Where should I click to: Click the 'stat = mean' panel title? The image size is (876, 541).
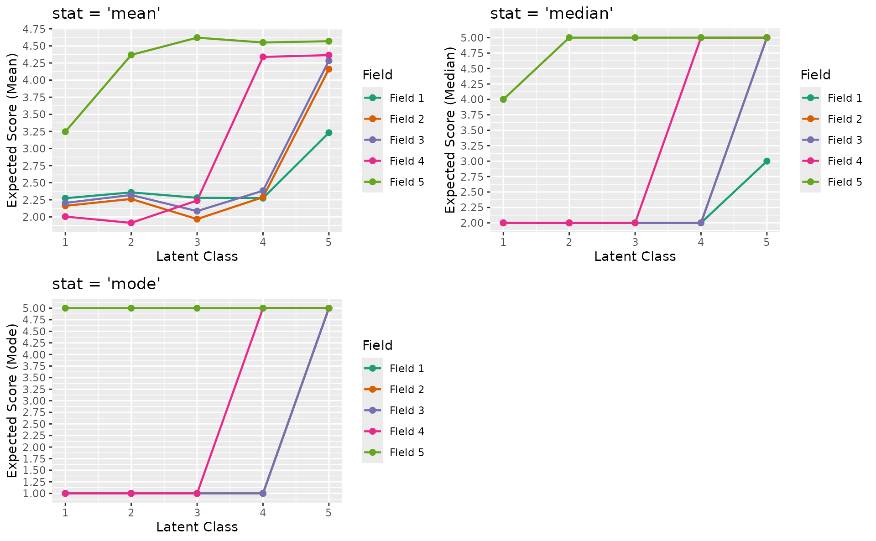[x=106, y=14]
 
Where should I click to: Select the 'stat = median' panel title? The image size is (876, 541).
[x=551, y=14]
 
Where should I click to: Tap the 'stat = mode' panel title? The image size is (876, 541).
[x=106, y=284]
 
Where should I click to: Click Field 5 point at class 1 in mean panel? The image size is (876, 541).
[x=65, y=132]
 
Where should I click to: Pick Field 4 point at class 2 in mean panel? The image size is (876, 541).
[x=131, y=223]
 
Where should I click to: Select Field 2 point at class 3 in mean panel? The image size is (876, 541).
[x=197, y=219]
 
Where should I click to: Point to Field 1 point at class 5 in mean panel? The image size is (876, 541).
[x=328, y=133]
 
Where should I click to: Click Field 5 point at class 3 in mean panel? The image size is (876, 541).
[x=197, y=38]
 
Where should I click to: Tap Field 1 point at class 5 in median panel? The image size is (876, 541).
[x=766, y=161]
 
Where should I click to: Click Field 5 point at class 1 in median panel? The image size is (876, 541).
[x=503, y=99]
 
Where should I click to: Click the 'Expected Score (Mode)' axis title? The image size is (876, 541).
[x=12, y=401]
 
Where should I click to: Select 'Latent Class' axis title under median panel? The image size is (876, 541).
[x=635, y=256]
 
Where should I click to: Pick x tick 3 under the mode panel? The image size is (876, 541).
[x=197, y=513]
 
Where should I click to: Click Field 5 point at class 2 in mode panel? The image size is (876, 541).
[x=131, y=308]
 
